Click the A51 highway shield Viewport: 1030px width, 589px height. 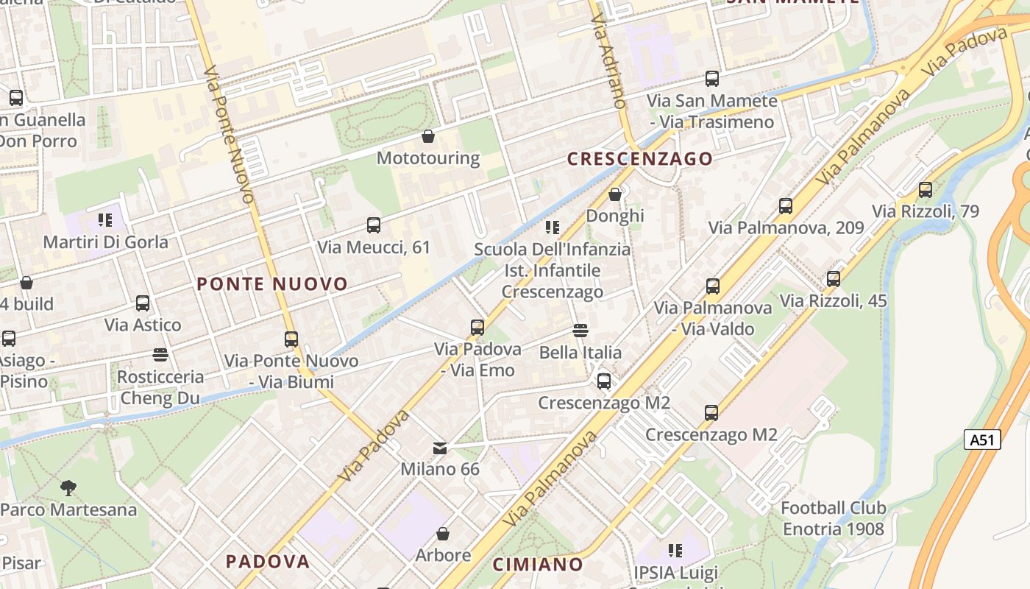pos(982,440)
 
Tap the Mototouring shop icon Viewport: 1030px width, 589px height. pos(427,136)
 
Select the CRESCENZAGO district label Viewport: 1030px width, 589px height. pos(639,159)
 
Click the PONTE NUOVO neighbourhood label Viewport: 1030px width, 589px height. pos(272,284)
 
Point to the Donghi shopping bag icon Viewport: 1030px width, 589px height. pos(615,194)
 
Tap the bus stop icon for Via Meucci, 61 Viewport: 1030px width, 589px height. pos(374,225)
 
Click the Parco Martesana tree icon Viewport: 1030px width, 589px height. pos(68,487)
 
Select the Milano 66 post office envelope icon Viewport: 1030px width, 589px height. pos(439,448)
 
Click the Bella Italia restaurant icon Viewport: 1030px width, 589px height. pos(580,330)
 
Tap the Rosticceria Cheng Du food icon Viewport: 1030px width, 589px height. pos(160,355)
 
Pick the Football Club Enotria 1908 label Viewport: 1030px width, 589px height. pos(833,518)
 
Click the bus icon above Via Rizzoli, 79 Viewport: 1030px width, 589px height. pos(925,189)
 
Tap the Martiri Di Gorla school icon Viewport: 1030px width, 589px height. pos(104,219)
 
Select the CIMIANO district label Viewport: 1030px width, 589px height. pos(538,565)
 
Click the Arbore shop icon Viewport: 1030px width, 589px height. pos(443,533)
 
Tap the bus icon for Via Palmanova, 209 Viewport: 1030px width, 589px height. pos(786,205)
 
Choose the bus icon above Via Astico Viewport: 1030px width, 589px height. pos(143,303)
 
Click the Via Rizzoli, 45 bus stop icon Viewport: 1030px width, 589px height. pos(833,278)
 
